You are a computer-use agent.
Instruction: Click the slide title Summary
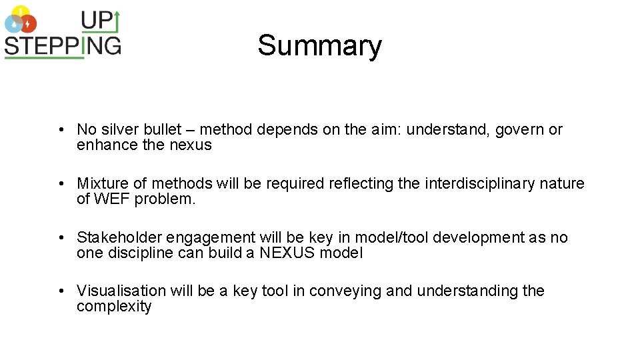(x=319, y=46)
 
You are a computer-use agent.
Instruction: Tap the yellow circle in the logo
(x=21, y=11)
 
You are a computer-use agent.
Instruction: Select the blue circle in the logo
(x=13, y=24)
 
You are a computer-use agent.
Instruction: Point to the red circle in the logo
(x=29, y=24)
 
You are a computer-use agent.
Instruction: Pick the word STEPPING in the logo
(x=63, y=45)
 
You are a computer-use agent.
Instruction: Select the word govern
(x=520, y=129)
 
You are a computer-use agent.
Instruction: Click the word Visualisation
(x=121, y=291)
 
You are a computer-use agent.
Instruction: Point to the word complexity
(x=114, y=307)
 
